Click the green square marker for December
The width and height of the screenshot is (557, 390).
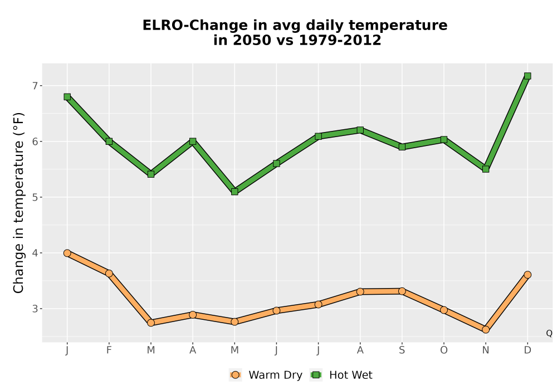pos(527,76)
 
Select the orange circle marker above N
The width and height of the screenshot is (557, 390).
pos(486,330)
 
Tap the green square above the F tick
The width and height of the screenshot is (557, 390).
pos(109,142)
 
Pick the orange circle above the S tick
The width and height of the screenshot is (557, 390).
pos(402,291)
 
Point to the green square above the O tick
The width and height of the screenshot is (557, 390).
pos(444,140)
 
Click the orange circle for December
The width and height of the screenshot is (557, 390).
pos(527,275)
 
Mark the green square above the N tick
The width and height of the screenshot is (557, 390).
pos(486,169)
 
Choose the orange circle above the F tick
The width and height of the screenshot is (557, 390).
pos(109,274)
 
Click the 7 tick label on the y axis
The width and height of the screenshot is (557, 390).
pos(35,86)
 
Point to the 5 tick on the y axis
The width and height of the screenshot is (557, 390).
pos(35,197)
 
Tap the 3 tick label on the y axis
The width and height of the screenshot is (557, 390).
pos(35,309)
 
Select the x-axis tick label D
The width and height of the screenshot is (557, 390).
pos(527,350)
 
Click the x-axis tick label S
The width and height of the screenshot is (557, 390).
pos(402,350)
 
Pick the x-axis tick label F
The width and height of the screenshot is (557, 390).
pos(109,350)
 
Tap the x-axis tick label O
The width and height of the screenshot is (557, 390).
pos(444,350)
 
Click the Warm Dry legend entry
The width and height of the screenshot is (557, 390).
pos(266,375)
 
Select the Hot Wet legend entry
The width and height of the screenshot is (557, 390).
pos(341,375)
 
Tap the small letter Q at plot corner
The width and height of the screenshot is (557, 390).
pos(549,333)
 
